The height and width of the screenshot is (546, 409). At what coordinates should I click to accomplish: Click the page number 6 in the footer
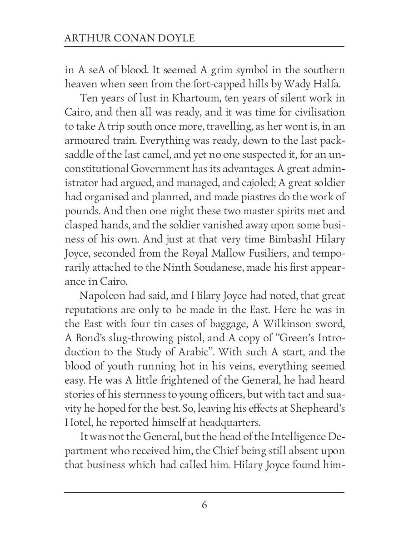point(204,506)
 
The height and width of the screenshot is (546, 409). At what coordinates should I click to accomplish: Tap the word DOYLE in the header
point(177,38)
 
